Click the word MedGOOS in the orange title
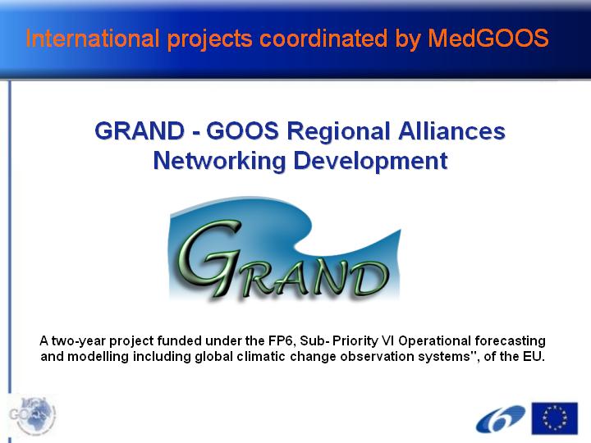[488, 39]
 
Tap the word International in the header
[93, 39]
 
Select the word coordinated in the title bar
[323, 39]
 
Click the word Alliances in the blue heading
[451, 131]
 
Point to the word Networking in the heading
[219, 162]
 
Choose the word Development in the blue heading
[370, 162]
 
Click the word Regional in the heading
[338, 132]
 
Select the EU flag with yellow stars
[554, 418]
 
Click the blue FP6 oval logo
[501, 419]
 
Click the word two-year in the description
[79, 341]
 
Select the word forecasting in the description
[510, 341]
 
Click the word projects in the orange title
[209, 39]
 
